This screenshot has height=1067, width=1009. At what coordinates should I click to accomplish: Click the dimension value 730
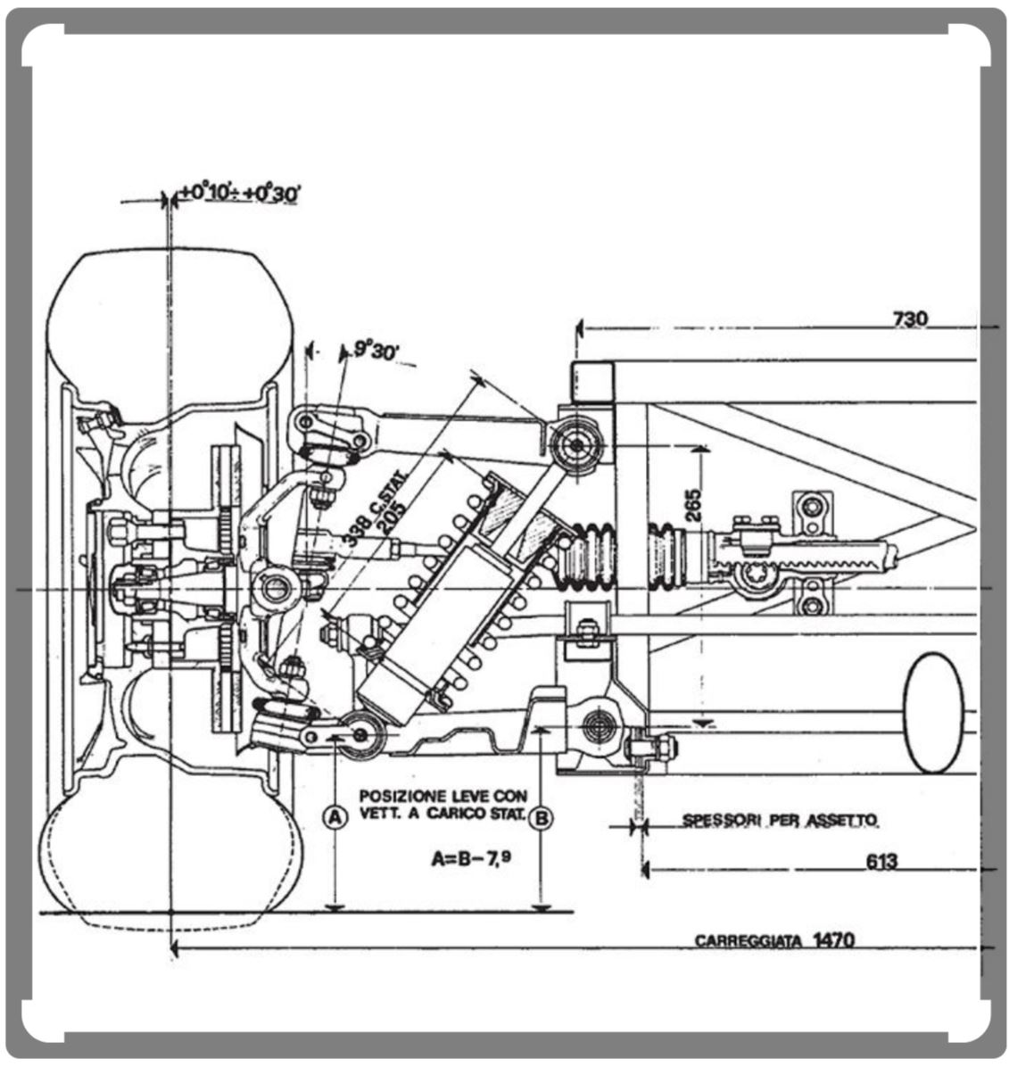click(x=908, y=318)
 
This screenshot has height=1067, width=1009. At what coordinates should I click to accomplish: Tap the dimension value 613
click(x=881, y=862)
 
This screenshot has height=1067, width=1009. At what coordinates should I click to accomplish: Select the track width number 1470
click(x=834, y=939)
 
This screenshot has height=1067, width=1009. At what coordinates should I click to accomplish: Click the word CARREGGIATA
click(x=748, y=941)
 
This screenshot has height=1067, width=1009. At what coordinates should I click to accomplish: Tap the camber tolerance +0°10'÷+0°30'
click(x=237, y=193)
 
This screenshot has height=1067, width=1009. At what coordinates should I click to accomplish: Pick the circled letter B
click(x=541, y=817)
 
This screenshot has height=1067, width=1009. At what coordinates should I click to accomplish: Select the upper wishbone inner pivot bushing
click(x=573, y=444)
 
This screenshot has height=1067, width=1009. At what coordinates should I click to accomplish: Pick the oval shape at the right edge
click(x=934, y=712)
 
